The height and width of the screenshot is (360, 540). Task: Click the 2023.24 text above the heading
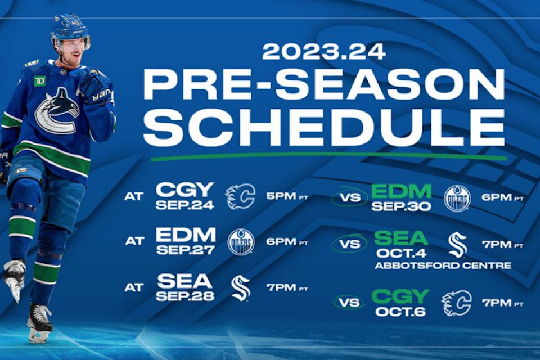[x=324, y=52]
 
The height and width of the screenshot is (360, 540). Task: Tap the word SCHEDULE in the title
[x=325, y=128]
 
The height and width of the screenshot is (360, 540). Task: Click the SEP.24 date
[x=184, y=205]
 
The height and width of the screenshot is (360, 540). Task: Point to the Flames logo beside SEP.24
[x=240, y=196]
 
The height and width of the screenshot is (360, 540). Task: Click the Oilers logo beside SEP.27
[x=241, y=242]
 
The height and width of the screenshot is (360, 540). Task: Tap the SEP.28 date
[x=185, y=296]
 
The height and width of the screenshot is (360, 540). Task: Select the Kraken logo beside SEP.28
[x=241, y=288]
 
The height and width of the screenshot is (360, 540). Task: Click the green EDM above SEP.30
[x=401, y=191]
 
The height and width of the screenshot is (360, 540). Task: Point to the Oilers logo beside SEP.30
[x=457, y=199]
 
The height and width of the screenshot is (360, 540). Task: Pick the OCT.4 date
[x=401, y=253]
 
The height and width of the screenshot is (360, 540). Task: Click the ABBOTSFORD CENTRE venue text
[x=443, y=265]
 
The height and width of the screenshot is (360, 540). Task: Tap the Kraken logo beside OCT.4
[x=458, y=245]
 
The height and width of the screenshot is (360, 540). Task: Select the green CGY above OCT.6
[x=400, y=296]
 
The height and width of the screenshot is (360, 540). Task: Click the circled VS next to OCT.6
[x=349, y=303]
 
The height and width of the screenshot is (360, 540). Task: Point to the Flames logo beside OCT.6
[x=457, y=303]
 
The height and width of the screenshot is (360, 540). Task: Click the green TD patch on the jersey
[x=40, y=81]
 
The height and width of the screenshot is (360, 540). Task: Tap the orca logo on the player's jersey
[x=57, y=111]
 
